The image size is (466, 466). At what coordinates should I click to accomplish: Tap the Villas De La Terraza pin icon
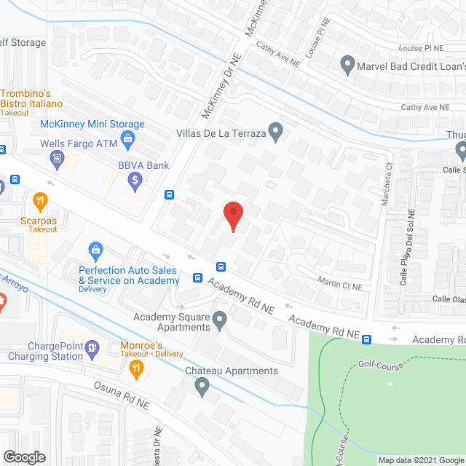click(x=275, y=132)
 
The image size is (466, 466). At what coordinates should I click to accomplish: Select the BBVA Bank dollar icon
click(x=134, y=179)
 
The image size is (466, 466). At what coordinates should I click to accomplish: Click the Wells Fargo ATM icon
click(x=57, y=157)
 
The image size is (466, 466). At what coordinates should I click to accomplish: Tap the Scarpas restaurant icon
click(x=40, y=200)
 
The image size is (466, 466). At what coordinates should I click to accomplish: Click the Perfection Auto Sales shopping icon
click(x=95, y=252)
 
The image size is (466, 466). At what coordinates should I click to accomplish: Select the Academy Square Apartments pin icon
click(x=220, y=317)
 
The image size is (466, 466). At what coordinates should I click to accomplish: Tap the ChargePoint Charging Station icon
click(x=92, y=349)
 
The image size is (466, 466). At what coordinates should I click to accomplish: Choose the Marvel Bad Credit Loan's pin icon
click(x=347, y=64)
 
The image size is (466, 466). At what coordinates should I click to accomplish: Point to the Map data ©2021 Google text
click(x=419, y=460)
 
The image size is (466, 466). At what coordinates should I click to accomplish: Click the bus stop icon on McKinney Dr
click(x=170, y=194)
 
